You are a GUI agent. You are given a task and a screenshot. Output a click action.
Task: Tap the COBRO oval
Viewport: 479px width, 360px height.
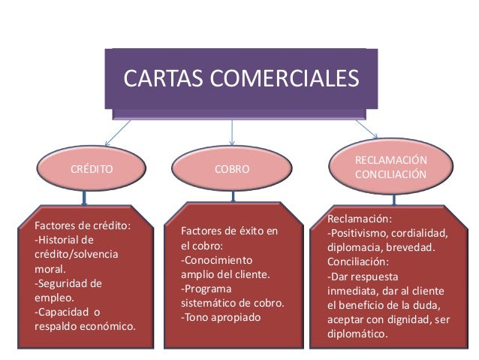(232, 171)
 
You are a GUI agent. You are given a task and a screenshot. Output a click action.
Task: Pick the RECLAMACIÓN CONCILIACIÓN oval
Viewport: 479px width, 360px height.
(390, 168)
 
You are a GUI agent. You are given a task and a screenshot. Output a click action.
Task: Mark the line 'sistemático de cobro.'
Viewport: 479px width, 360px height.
(233, 303)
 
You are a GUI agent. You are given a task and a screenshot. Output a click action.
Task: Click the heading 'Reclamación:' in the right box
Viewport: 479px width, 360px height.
(359, 219)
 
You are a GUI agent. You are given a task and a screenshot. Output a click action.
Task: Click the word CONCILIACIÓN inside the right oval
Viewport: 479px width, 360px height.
(391, 175)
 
